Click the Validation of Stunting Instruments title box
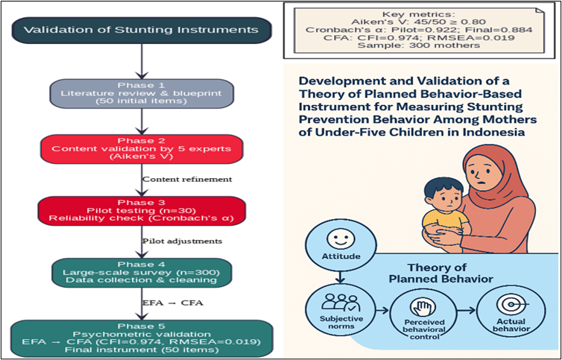[x=142, y=30]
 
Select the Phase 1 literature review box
[x=142, y=93]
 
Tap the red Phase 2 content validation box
[x=142, y=148]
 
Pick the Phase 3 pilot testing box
[x=142, y=210]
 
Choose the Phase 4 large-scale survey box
[x=142, y=272]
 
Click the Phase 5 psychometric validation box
[x=142, y=338]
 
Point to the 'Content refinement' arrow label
[x=187, y=180]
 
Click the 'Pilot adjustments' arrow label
[x=182, y=241]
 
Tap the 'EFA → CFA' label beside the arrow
[x=173, y=303]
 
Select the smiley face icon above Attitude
[x=341, y=239]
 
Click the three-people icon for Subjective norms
[x=341, y=303]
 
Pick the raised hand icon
[x=423, y=308]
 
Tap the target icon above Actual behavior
[x=511, y=305]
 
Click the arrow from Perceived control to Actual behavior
[x=467, y=311]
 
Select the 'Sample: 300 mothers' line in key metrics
[x=419, y=45]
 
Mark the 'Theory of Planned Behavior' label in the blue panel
[x=441, y=273]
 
